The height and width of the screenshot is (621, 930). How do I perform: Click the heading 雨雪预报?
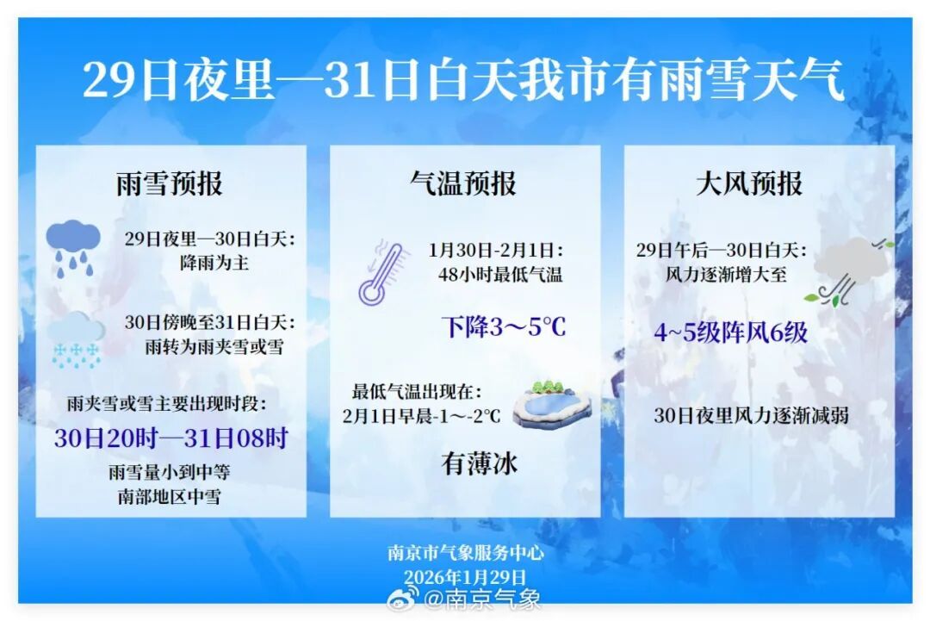pyautogui.click(x=170, y=183)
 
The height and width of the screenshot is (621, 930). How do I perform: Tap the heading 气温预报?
pyautogui.click(x=463, y=183)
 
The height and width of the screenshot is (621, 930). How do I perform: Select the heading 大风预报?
pyautogui.click(x=749, y=183)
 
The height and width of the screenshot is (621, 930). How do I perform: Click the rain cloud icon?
pyautogui.click(x=73, y=247)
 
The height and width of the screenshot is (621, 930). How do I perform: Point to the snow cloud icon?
pyautogui.click(x=76, y=339)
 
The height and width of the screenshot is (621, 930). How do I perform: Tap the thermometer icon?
pyautogui.click(x=382, y=273)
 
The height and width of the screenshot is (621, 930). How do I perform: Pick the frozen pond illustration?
pyautogui.click(x=552, y=404)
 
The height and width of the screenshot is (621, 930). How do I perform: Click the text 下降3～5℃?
pyautogui.click(x=504, y=327)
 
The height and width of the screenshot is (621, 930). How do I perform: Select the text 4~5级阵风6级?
pyautogui.click(x=730, y=332)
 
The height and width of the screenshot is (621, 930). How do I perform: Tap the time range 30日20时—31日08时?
pyautogui.click(x=170, y=438)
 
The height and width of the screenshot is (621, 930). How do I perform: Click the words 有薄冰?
pyautogui.click(x=480, y=464)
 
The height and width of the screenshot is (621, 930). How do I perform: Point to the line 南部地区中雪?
pyautogui.click(x=170, y=497)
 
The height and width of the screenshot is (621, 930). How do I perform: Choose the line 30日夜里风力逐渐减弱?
pyautogui.click(x=751, y=415)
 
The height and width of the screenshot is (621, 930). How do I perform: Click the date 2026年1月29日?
pyautogui.click(x=465, y=576)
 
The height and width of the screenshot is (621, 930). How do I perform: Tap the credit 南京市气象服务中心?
pyautogui.click(x=465, y=553)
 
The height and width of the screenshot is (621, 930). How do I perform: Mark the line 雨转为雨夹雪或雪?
pyautogui.click(x=214, y=347)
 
